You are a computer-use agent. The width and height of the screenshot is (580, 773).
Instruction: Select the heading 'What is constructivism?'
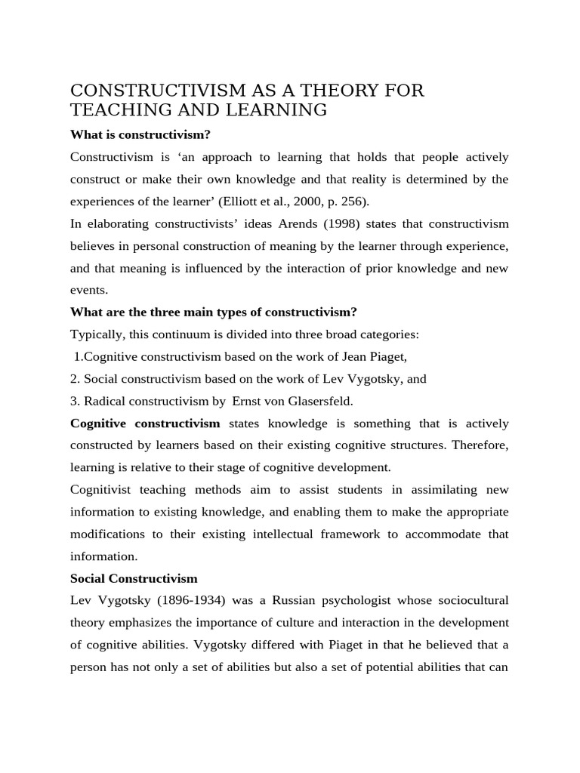click(x=140, y=134)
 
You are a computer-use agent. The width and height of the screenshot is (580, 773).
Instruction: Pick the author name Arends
click(x=324, y=224)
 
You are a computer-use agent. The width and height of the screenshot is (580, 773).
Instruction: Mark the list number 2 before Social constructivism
click(x=74, y=379)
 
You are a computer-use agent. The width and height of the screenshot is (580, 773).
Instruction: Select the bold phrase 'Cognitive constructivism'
click(x=145, y=423)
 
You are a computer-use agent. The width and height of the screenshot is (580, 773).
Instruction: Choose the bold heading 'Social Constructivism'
click(x=134, y=579)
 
